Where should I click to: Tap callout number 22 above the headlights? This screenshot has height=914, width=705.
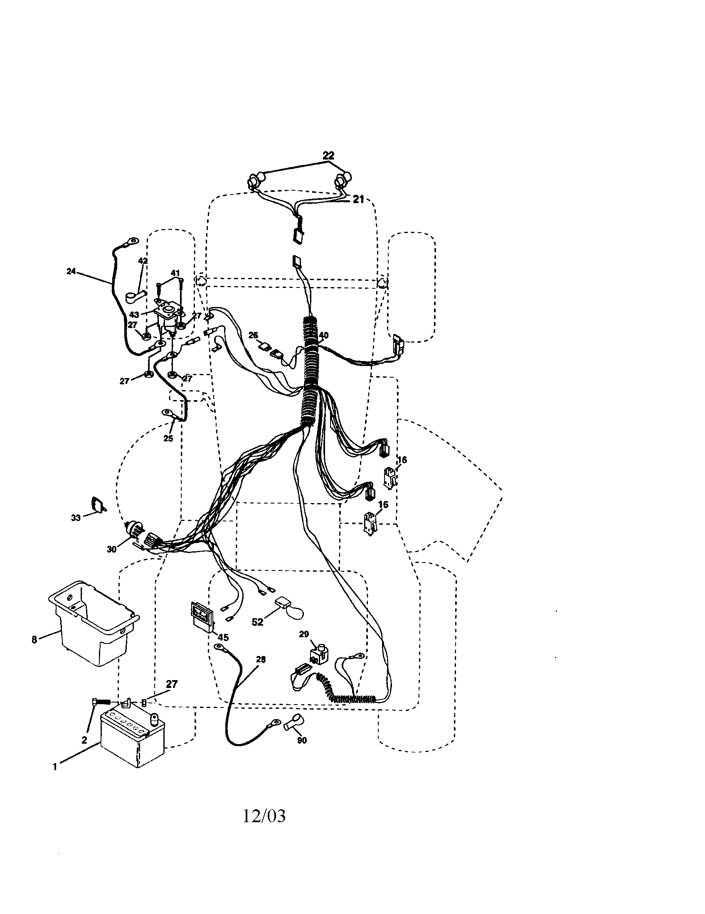(x=329, y=155)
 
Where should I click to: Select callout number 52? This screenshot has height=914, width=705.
(x=257, y=622)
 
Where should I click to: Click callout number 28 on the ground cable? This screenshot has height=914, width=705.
(x=261, y=660)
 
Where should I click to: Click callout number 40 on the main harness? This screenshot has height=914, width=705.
(x=324, y=335)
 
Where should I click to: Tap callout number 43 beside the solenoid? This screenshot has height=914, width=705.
(x=134, y=314)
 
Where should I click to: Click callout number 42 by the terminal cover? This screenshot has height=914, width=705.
(x=143, y=261)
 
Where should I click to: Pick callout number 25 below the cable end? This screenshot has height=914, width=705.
(x=168, y=439)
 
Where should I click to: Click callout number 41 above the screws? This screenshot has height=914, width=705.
(x=175, y=273)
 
